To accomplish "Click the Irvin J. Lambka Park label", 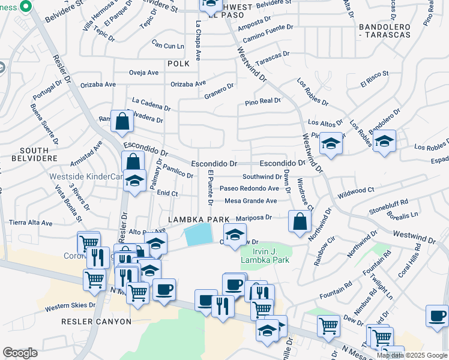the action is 265,256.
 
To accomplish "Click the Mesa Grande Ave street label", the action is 251,201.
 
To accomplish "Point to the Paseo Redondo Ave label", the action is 249,188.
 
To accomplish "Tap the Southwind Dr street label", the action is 262,177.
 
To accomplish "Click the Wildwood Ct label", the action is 356,190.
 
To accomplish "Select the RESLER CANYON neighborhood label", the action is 96,322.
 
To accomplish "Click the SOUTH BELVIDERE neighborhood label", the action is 34,154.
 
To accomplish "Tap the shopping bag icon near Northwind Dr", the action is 300,221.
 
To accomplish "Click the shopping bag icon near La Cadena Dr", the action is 122,121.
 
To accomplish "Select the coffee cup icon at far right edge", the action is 437,316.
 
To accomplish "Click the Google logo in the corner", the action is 20,353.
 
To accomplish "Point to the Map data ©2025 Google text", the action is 412,355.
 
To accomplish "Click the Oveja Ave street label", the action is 144,73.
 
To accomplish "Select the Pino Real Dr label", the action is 263,102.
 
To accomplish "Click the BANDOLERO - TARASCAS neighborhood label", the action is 384,31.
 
